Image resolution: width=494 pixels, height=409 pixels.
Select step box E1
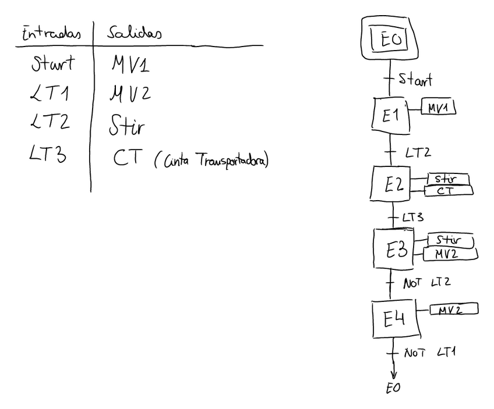(x=390, y=115)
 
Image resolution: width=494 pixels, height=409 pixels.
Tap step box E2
(x=390, y=184)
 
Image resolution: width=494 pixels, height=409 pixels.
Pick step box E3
(x=393, y=248)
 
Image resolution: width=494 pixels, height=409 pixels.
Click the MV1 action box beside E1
(x=438, y=108)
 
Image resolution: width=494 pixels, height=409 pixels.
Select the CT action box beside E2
(x=449, y=191)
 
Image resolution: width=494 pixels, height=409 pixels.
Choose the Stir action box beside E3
(x=450, y=240)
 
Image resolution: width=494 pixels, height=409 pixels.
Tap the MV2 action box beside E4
(x=454, y=308)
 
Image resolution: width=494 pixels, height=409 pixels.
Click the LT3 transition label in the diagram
(x=412, y=217)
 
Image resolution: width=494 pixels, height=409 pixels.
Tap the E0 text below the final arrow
(x=394, y=388)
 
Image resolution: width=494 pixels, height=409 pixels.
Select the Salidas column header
(x=133, y=33)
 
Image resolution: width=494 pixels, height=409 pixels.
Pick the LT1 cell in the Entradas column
(x=51, y=93)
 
